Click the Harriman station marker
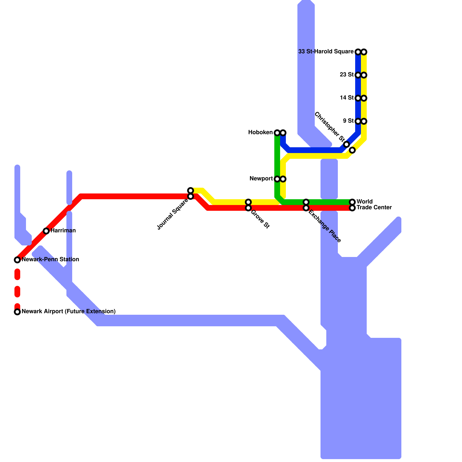pyautogui.click(x=46, y=231)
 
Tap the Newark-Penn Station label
pyautogui.click(x=50, y=259)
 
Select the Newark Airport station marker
pyautogui.click(x=17, y=312)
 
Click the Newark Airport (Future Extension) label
pyautogui.click(x=68, y=311)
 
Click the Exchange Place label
pyautogui.click(x=325, y=226)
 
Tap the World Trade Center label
pyautogui.click(x=374, y=204)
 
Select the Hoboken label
pyautogui.click(x=260, y=133)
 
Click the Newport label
pyautogui.click(x=261, y=179)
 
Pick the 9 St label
pyautogui.click(x=348, y=121)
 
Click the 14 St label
pyautogui.click(x=346, y=98)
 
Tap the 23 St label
pyautogui.click(x=346, y=74)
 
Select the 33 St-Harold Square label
pyautogui.click(x=326, y=52)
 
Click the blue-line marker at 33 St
pyautogui.click(x=358, y=52)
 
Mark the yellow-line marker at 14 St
pyautogui.click(x=364, y=98)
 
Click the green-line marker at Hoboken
pyautogui.click(x=277, y=133)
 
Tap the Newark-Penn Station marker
pyautogui.click(x=17, y=260)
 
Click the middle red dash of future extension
pyautogui.click(x=17, y=292)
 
